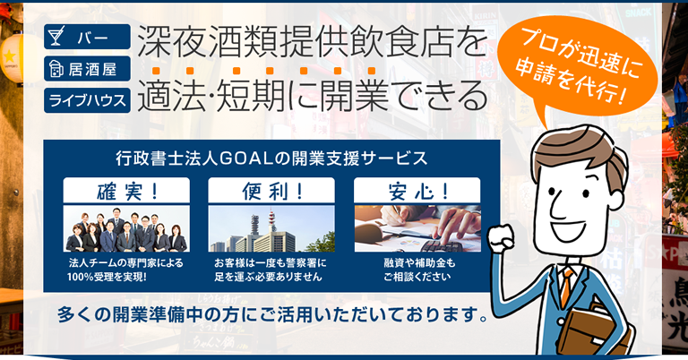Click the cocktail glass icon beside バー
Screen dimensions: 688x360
tap(56, 36)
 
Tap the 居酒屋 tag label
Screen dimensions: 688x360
tap(87, 68)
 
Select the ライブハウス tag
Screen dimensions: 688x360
tap(87, 100)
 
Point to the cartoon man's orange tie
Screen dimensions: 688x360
tap(567, 287)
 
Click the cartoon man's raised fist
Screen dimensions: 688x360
tap(501, 239)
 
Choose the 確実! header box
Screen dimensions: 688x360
tap(126, 191)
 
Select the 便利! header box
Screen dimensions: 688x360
tap(271, 191)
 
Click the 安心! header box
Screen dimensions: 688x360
tap(417, 191)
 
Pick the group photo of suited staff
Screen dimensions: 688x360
tap(126, 228)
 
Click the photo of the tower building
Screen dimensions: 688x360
tap(271, 228)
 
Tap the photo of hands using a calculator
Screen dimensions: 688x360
tap(417, 228)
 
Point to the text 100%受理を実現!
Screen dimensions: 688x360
tap(107, 277)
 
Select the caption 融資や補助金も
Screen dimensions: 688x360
tap(419, 263)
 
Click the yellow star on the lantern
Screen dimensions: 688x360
tap(9, 56)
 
